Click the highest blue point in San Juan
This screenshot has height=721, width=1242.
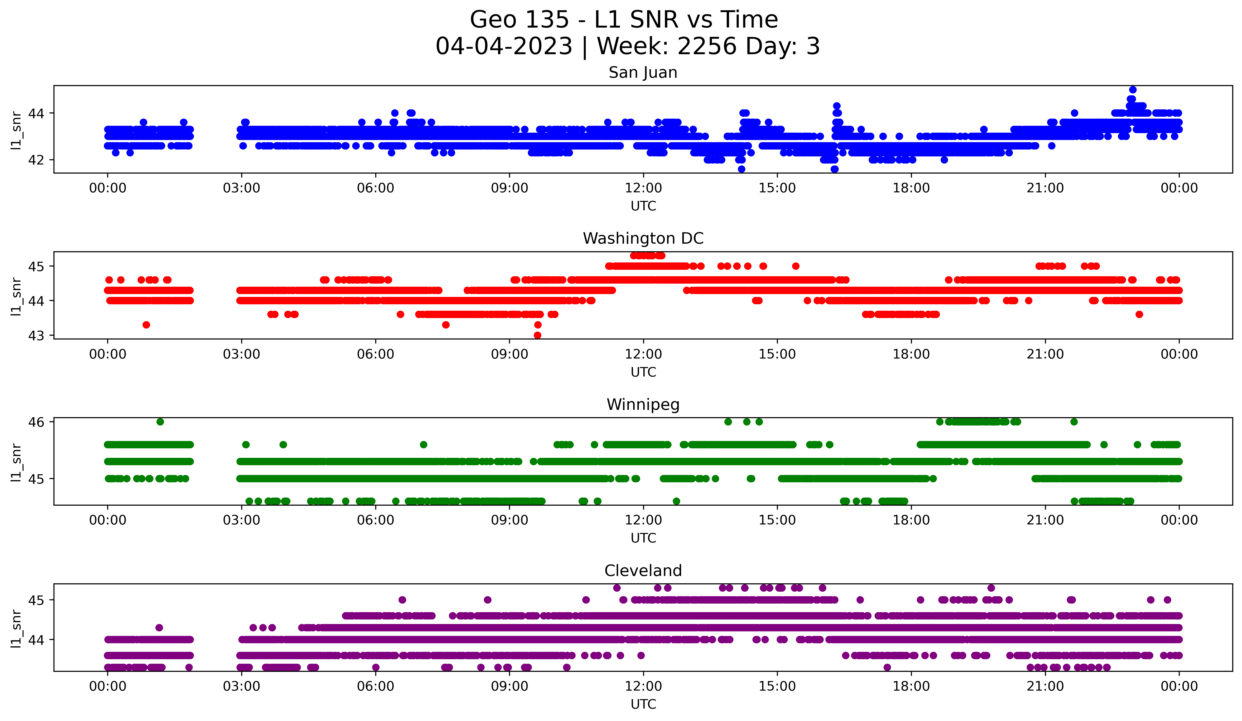1133,90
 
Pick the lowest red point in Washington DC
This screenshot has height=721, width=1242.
538,335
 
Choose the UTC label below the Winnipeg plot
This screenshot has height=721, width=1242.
643,538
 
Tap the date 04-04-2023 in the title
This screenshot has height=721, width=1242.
504,46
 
